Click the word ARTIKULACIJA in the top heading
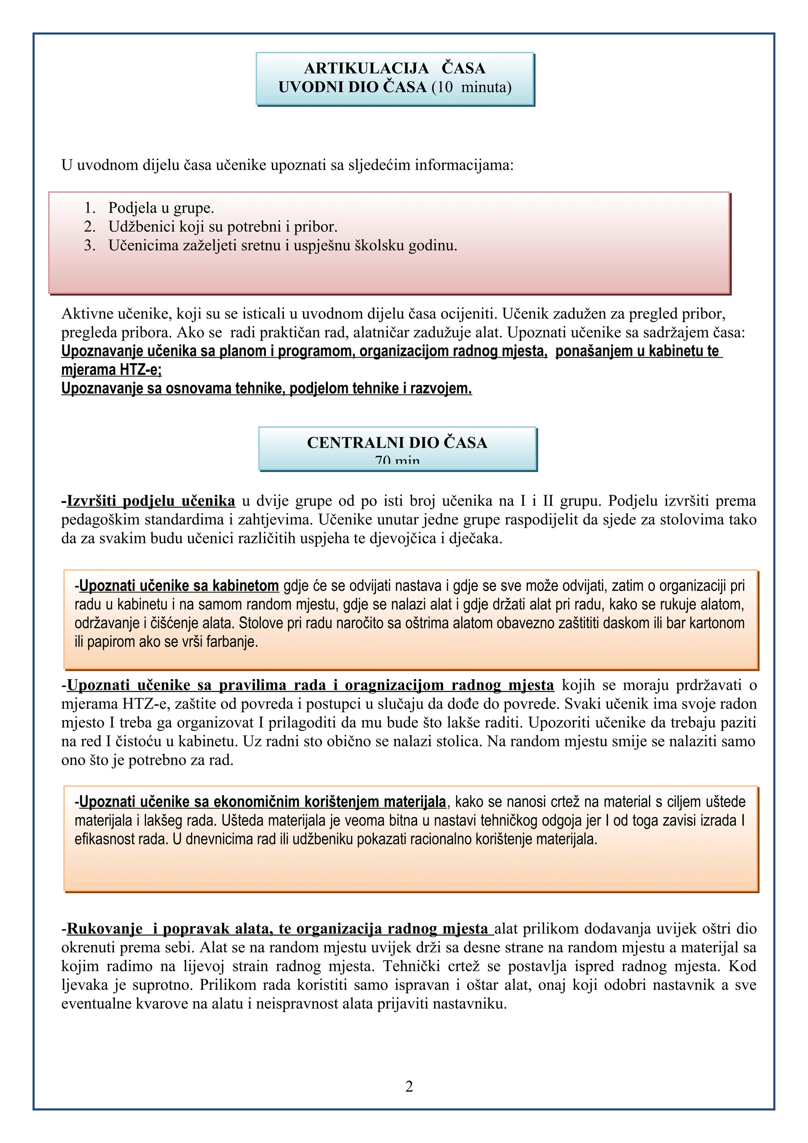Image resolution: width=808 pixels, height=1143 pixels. pyautogui.click(x=366, y=68)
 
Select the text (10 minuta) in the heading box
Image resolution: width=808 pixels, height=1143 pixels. pyautogui.click(x=471, y=87)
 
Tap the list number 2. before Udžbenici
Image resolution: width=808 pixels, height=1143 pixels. pyautogui.click(x=90, y=227)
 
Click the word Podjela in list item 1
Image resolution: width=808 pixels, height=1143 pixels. pyautogui.click(x=131, y=208)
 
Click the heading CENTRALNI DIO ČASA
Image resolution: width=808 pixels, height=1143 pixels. pyautogui.click(x=397, y=442)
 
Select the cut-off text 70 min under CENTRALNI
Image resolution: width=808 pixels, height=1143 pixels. pyautogui.click(x=397, y=461)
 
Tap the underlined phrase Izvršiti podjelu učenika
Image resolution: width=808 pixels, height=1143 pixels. pyautogui.click(x=150, y=500)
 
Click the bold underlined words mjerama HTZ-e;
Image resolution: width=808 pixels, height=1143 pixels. pyautogui.click(x=111, y=370)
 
